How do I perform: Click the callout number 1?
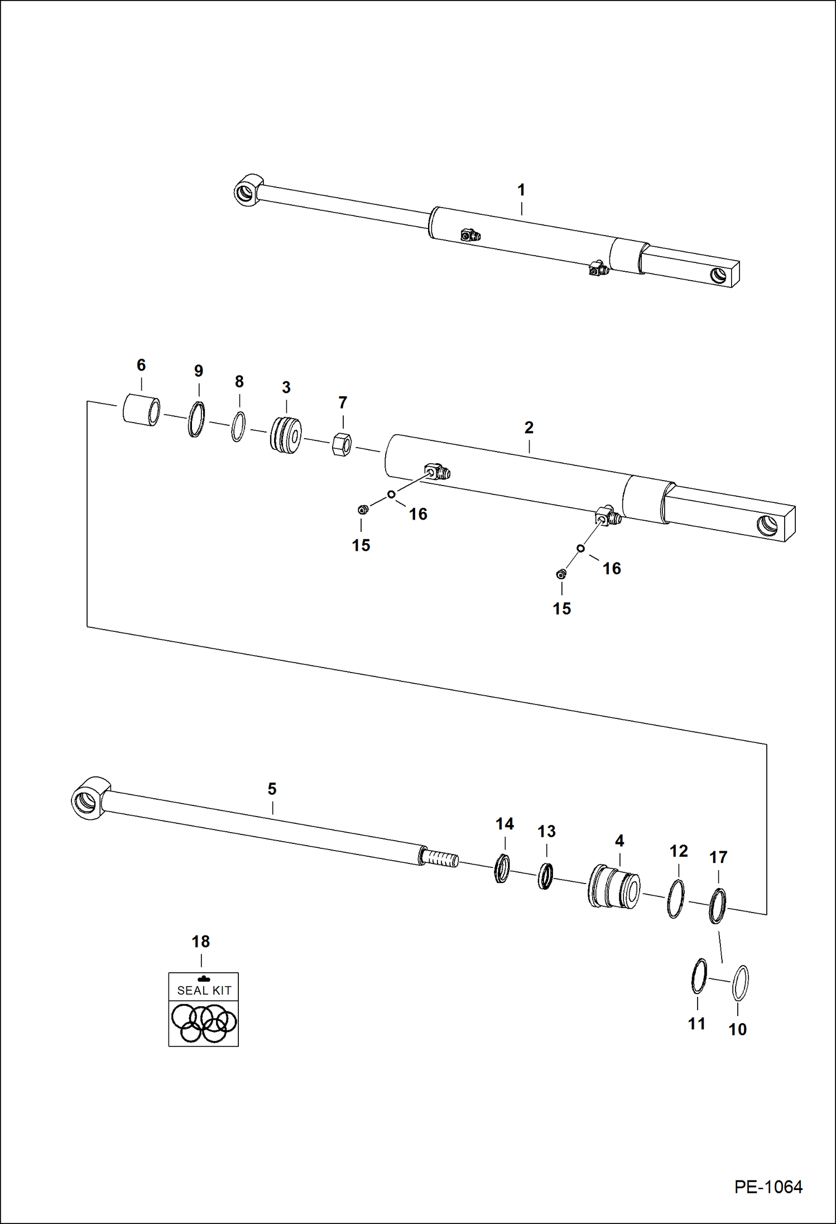(x=521, y=190)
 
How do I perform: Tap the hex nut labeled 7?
(x=342, y=444)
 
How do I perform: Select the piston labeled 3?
(x=286, y=434)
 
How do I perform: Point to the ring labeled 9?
(x=196, y=419)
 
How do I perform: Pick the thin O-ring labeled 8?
(x=238, y=427)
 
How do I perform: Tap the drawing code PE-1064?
(x=768, y=1187)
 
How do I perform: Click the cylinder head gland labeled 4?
(x=614, y=887)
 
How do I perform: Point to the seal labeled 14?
(x=502, y=868)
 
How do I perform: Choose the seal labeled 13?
(x=545, y=876)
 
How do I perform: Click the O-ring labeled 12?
(x=676, y=899)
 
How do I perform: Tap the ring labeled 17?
(x=717, y=906)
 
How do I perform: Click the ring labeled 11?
(x=699, y=976)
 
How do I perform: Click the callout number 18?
(x=200, y=942)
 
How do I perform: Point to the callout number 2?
(x=528, y=428)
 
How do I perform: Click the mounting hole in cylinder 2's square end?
(x=767, y=524)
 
